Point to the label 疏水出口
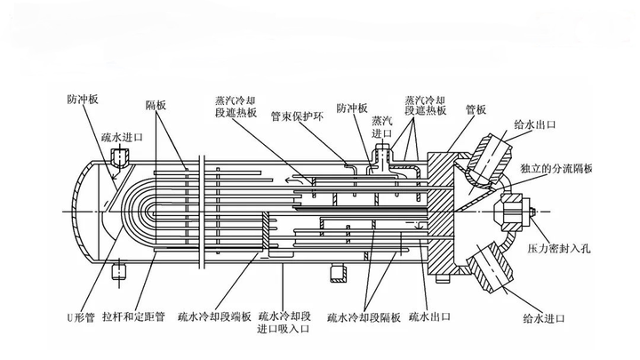click(431, 316)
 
